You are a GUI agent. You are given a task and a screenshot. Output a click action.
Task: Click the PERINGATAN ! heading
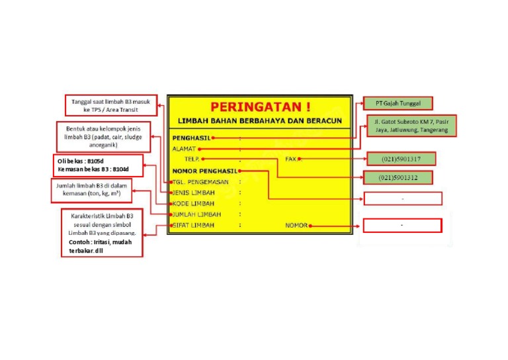(x=260, y=107)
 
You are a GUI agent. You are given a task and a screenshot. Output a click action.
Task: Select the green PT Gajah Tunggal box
(x=398, y=103)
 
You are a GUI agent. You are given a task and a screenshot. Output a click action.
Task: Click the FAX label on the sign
(x=290, y=159)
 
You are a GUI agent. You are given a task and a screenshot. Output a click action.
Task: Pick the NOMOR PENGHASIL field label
(x=204, y=171)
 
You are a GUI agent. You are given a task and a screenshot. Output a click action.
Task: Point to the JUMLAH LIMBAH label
(x=196, y=214)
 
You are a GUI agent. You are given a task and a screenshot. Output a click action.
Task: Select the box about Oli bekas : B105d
(x=98, y=165)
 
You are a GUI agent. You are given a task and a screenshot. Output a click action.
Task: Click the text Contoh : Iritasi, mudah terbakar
(x=100, y=246)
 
